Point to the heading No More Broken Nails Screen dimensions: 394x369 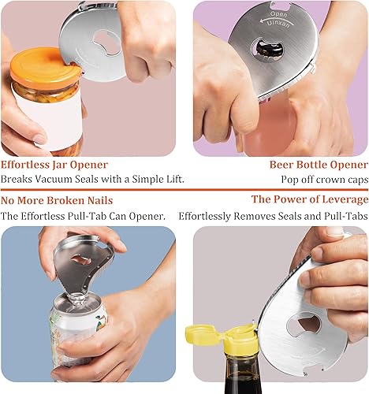point(57,200)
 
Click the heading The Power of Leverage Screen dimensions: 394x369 point(309,200)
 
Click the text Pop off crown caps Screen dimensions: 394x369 point(324,180)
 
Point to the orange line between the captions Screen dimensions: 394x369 point(184,190)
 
